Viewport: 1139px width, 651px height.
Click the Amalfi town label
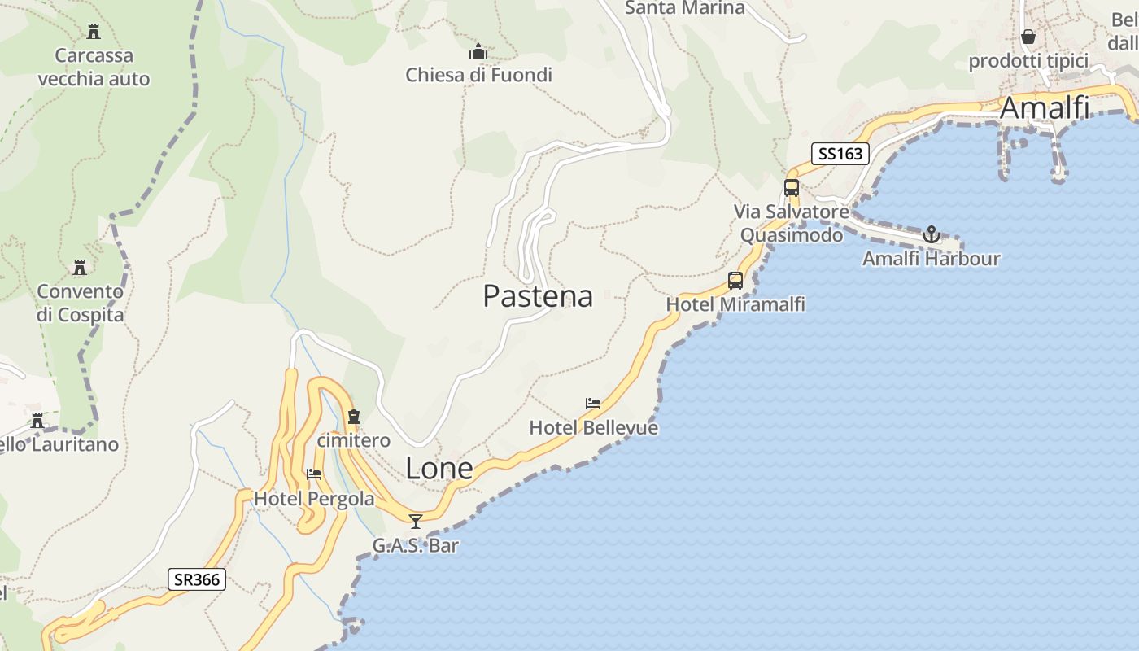[1045, 107]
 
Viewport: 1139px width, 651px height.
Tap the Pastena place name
[538, 295]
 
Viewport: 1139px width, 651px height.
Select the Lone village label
[439, 468]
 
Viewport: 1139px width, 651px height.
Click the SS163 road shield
[840, 153]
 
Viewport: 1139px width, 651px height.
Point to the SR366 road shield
[197, 579]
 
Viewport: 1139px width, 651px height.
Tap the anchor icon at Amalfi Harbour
[931, 235]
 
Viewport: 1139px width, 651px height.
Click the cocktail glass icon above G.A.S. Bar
[416, 521]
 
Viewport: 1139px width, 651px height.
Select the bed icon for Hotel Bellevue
[593, 404]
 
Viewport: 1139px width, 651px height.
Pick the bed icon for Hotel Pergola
[314, 474]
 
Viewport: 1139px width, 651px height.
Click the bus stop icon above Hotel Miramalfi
[735, 281]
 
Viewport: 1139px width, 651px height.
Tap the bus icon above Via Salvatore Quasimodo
[792, 188]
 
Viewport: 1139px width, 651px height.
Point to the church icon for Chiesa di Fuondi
[478, 52]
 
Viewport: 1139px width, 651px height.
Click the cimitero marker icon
[353, 417]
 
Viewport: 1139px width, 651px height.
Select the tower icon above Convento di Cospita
[80, 268]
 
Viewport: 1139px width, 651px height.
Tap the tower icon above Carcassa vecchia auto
[94, 32]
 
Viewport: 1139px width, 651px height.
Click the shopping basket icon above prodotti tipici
[1028, 37]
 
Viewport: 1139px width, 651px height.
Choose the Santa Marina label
[684, 8]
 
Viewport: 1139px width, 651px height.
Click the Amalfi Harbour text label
[931, 259]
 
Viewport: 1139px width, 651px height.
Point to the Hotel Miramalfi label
[735, 304]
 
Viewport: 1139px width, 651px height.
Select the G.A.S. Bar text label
[416, 545]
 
